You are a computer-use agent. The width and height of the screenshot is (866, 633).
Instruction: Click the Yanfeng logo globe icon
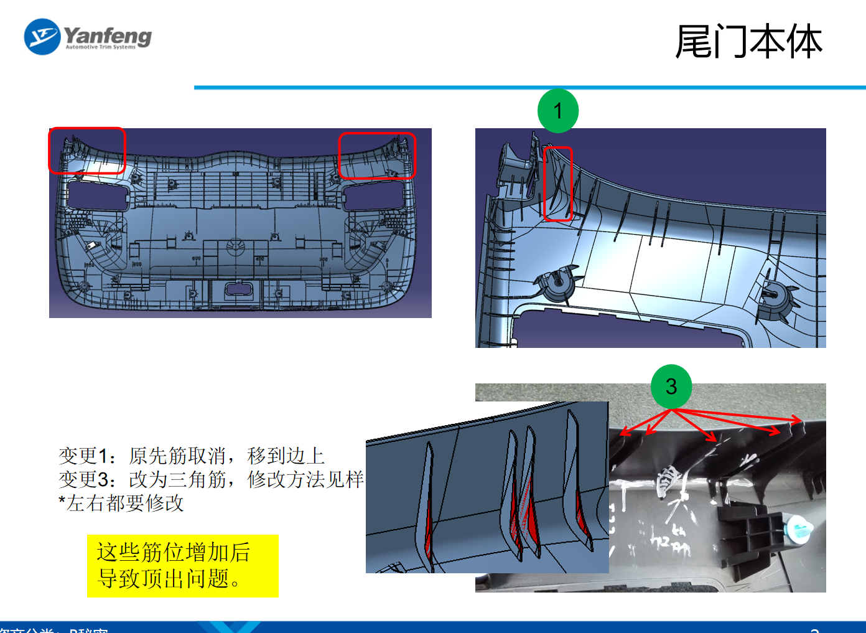tap(42, 37)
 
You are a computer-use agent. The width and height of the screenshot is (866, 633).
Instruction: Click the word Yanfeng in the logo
tap(108, 35)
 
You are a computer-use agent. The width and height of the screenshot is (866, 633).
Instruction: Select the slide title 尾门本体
tap(748, 42)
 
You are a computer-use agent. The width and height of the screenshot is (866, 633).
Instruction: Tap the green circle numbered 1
tap(558, 111)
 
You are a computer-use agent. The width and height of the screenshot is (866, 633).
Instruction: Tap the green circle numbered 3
tap(671, 387)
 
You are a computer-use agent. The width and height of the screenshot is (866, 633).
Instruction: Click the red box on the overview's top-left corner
tap(87, 150)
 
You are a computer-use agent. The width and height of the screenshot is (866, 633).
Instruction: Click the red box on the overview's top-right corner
tap(376, 156)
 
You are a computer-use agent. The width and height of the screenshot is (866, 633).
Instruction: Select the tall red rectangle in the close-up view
tap(558, 184)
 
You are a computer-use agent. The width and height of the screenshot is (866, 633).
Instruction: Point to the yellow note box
tap(182, 566)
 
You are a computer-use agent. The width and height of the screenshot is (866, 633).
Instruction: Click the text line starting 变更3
tap(210, 479)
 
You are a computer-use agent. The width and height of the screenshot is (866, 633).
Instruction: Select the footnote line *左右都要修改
tap(121, 503)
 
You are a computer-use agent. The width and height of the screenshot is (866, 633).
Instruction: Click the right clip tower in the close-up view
tap(775, 299)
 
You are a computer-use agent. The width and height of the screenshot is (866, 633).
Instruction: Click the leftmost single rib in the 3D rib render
tap(428, 504)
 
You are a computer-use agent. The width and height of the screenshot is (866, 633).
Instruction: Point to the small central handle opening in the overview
tap(237, 288)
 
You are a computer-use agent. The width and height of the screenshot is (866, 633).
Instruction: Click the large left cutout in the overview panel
tap(98, 195)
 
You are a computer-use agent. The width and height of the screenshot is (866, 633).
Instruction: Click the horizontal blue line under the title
tap(529, 88)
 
